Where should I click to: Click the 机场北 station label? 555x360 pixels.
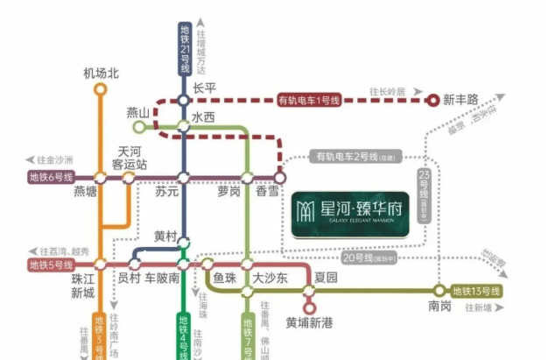pyautogui.click(x=100, y=72)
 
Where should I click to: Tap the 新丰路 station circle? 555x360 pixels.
pyautogui.click(x=432, y=100)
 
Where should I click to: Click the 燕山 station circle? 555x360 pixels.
pyautogui.click(x=137, y=127)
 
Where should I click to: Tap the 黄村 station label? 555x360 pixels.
pyautogui.click(x=165, y=236)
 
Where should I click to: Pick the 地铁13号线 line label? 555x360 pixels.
pyautogui.click(x=476, y=291)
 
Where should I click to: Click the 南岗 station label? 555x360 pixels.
pyautogui.click(x=440, y=307)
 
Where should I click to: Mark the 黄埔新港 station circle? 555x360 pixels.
pyautogui.click(x=308, y=307)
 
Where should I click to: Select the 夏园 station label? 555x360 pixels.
pyautogui.click(x=325, y=279)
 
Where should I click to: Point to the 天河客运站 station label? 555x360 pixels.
pyautogui.click(x=130, y=158)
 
